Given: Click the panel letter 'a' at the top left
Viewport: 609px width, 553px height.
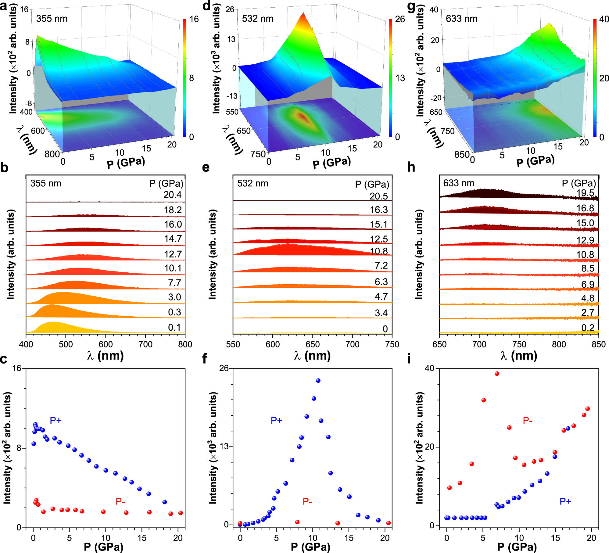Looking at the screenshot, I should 4,6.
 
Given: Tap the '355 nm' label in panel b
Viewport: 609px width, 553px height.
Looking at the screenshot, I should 46,184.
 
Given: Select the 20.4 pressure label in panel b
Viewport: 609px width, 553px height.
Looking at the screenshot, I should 172,195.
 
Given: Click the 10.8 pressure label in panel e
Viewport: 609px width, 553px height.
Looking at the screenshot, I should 379,251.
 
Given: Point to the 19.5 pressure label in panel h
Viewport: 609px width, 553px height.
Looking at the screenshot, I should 585,193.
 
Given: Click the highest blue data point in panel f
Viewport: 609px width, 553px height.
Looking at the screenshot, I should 318,380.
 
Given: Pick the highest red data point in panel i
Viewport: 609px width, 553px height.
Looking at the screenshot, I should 497,373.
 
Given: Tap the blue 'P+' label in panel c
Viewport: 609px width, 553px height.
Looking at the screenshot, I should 56,420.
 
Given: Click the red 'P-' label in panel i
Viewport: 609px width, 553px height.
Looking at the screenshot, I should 527,420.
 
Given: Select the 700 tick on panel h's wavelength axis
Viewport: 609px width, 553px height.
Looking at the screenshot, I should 479,345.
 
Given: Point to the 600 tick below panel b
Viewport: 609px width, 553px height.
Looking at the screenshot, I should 106,345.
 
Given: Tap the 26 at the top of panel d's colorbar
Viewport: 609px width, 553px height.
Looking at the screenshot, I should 400,19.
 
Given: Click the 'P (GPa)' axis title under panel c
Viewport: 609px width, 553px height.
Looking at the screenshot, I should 104,547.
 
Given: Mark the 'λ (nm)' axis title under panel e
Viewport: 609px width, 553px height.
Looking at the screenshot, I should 312,356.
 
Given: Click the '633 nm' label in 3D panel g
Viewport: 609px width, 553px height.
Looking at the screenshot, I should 461,19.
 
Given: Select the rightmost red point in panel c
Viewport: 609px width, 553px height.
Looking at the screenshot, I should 181,513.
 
